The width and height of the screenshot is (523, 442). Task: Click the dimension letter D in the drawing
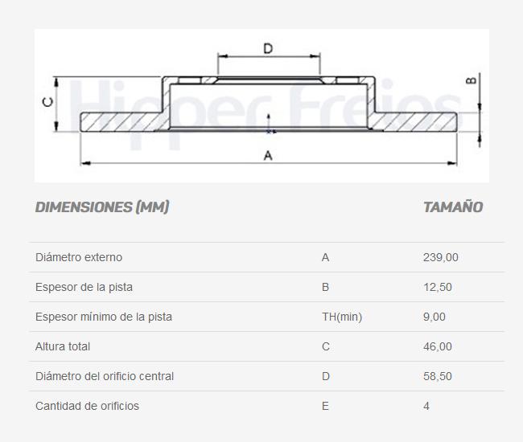(268, 48)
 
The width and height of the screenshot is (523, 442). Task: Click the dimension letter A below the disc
(268, 155)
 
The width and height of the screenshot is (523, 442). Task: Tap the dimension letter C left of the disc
(47, 102)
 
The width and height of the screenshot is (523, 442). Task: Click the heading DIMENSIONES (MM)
(102, 207)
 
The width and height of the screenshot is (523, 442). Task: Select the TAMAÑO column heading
(453, 207)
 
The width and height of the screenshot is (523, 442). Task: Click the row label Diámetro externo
(79, 257)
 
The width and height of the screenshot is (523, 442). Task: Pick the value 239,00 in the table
(441, 257)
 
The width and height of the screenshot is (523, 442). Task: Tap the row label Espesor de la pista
(84, 287)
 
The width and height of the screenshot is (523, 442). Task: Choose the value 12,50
(438, 287)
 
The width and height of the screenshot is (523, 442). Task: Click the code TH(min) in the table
(342, 317)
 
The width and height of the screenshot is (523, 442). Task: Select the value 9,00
(434, 317)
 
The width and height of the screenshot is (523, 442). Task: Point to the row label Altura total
(63, 346)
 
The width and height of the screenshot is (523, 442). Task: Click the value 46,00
(438, 346)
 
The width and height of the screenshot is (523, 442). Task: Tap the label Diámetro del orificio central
(105, 376)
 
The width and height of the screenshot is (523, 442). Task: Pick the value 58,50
(438, 376)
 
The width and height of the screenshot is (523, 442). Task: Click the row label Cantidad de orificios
(87, 406)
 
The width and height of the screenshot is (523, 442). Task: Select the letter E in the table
(325, 406)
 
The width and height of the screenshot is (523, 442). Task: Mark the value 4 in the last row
(426, 406)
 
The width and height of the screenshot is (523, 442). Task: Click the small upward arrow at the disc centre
(269, 121)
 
